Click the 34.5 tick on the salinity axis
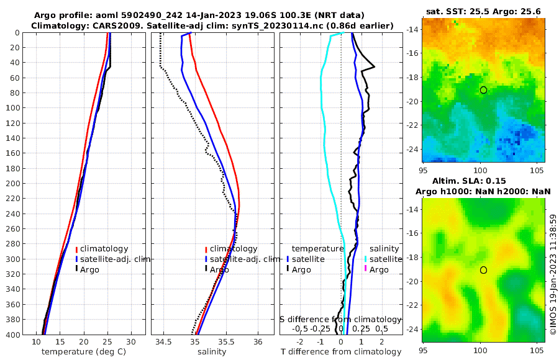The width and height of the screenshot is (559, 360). point(164,342)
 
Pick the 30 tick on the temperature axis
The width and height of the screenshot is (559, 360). point(131,342)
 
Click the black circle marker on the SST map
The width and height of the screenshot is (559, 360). point(483,90)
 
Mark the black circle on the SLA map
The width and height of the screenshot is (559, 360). point(483,270)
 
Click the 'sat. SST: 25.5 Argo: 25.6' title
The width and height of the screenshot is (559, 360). point(483,11)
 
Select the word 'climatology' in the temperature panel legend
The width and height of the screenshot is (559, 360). point(104,249)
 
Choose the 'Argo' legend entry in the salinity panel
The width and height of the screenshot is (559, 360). point(220,269)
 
